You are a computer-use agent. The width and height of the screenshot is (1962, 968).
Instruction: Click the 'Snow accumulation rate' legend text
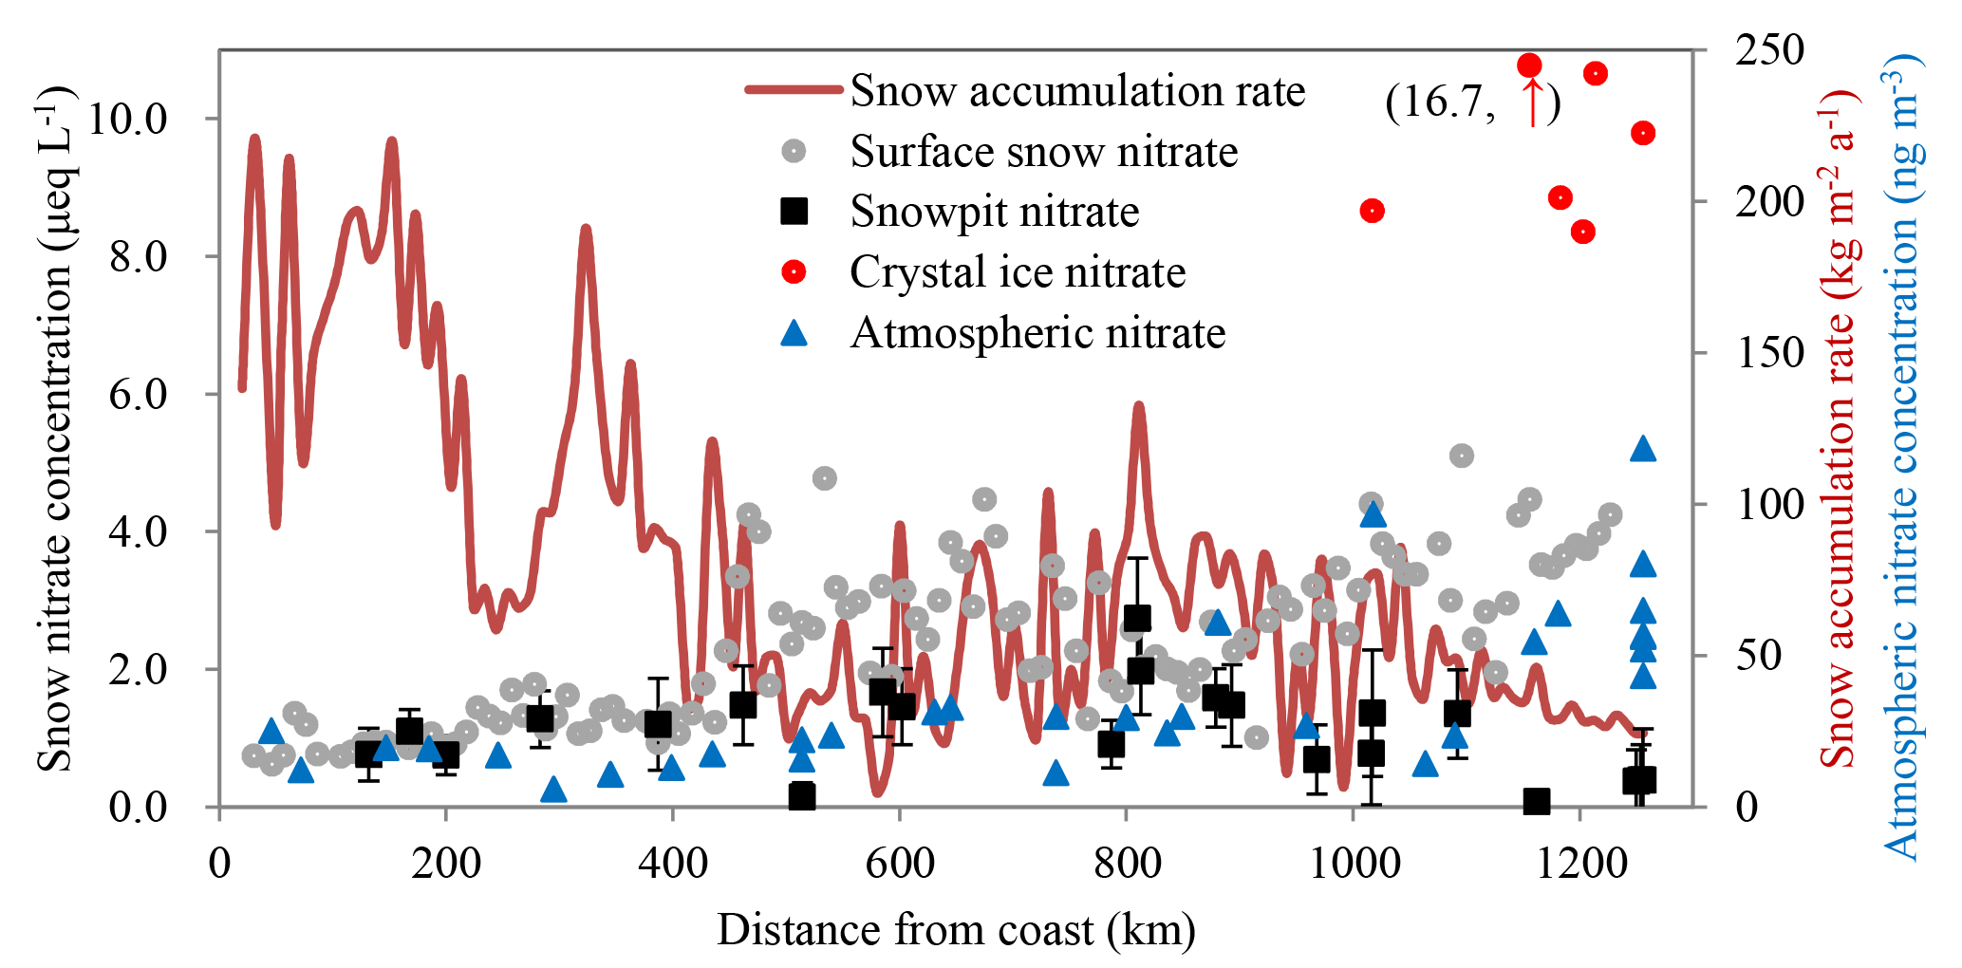pyautogui.click(x=1077, y=91)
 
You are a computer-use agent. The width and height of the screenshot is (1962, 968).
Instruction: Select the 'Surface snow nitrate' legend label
pyautogui.click(x=1043, y=152)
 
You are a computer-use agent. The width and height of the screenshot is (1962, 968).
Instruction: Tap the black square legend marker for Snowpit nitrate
pyautogui.click(x=794, y=211)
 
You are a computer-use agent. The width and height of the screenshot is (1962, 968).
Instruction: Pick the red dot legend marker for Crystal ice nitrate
pyautogui.click(x=794, y=272)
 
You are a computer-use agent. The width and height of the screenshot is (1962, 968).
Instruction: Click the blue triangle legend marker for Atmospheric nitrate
pyautogui.click(x=794, y=333)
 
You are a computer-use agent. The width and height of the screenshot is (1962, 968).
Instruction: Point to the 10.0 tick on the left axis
pyautogui.click(x=126, y=119)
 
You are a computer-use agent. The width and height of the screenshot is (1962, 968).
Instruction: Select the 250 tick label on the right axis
pyautogui.click(x=1769, y=50)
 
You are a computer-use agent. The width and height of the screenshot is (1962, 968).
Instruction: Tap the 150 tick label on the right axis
pyautogui.click(x=1769, y=353)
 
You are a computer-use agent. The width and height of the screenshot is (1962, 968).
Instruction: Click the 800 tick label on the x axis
pyautogui.click(x=1126, y=864)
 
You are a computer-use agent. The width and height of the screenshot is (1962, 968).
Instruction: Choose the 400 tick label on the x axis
pyautogui.click(x=672, y=864)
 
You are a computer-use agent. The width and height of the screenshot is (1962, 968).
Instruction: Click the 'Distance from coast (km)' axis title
pyautogui.click(x=956, y=930)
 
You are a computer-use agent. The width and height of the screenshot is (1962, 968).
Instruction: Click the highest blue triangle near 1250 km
pyautogui.click(x=1643, y=449)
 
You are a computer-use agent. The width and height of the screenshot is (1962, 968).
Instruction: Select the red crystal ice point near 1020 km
pyautogui.click(x=1372, y=211)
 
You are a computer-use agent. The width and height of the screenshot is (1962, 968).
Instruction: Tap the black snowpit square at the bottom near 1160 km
pyautogui.click(x=1537, y=802)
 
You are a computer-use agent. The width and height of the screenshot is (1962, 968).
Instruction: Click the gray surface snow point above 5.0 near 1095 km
pyautogui.click(x=1462, y=456)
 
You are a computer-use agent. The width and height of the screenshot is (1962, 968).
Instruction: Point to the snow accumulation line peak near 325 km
pyautogui.click(x=586, y=230)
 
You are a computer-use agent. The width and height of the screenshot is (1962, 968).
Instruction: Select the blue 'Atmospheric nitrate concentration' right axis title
pyautogui.click(x=1901, y=456)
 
